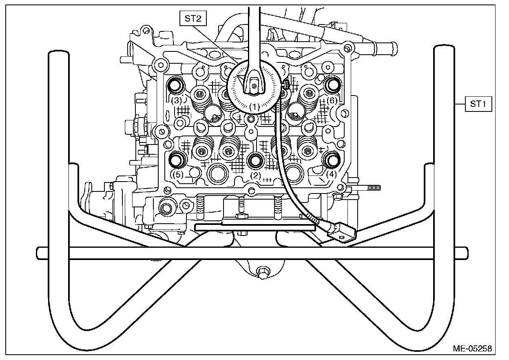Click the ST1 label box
479,104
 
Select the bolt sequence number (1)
254,107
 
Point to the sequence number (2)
255,176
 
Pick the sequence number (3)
176,100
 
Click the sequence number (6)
332,100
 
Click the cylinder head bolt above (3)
177,85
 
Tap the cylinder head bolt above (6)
332,84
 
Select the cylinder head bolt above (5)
177,160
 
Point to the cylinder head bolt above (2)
255,160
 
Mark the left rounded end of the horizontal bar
40,253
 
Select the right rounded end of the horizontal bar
464,253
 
